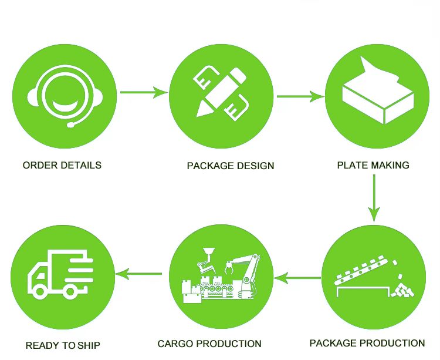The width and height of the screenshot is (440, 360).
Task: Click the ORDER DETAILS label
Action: (62, 165)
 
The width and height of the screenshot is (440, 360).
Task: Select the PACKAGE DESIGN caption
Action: (231, 166)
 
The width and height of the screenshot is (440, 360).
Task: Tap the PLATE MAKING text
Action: (373, 165)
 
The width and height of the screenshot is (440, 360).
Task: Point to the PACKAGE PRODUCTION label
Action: (367, 343)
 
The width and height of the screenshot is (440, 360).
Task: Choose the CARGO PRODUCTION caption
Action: (209, 344)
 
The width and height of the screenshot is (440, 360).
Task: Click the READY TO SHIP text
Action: (63, 345)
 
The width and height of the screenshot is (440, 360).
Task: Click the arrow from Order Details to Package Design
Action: (144, 92)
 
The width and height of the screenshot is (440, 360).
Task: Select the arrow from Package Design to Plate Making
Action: (300, 96)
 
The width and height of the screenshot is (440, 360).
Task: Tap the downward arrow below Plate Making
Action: (374, 199)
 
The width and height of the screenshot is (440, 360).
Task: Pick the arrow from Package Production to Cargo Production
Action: (297, 276)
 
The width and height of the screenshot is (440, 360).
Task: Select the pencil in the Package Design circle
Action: (220, 91)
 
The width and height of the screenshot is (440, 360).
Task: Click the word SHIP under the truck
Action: (89, 345)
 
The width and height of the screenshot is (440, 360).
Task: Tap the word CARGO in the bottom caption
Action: (175, 344)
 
